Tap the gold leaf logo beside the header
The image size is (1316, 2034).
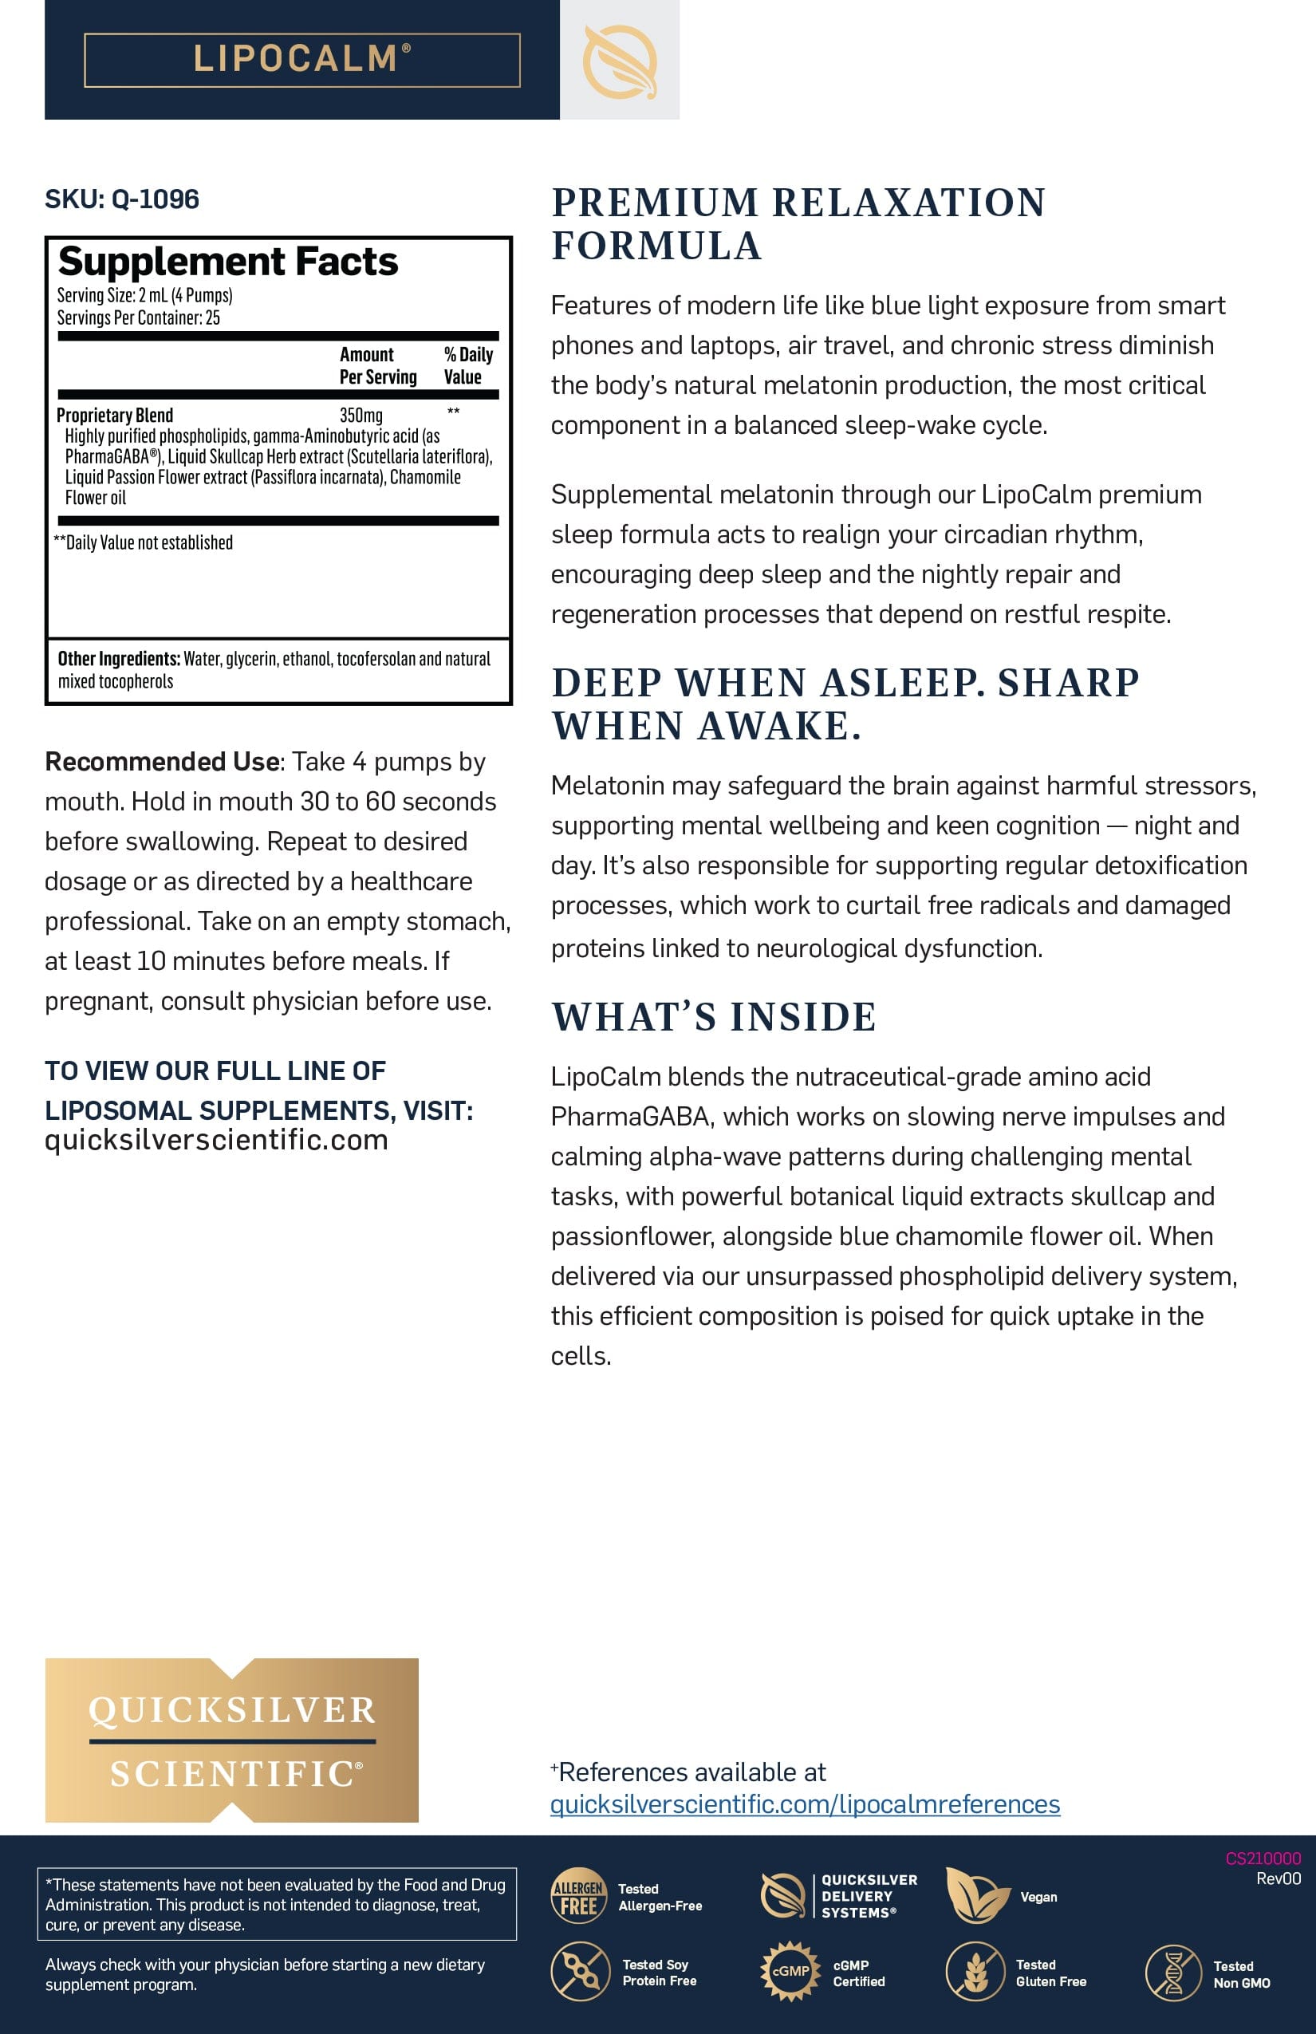620,61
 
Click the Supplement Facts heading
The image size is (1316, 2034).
227,262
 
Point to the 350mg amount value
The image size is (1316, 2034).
361,416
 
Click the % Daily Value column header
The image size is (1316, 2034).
467,366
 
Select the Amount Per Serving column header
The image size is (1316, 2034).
378,366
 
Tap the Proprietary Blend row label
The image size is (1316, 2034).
115,416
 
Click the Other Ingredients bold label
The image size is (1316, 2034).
119,659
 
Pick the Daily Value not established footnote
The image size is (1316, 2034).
143,542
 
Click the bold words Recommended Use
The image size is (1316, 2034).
163,762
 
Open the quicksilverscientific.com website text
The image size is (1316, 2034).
216,1140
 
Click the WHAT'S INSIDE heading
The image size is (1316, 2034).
714,1017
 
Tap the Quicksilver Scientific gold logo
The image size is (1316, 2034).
231,1740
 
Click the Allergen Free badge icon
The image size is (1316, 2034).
578,1894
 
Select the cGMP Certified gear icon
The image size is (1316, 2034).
790,1971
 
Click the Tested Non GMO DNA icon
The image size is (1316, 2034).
1173,1973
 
